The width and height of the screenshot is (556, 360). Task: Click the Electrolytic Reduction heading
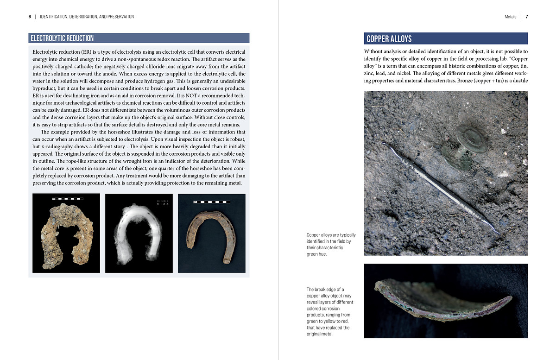[x=62, y=38]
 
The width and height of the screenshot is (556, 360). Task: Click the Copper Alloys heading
[x=389, y=39]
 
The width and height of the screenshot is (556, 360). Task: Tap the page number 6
[x=30, y=17]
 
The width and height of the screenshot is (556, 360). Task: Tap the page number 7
[x=527, y=17]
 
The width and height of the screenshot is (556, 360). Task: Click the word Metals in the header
[x=510, y=17]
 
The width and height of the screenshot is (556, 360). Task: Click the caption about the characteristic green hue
[x=328, y=244]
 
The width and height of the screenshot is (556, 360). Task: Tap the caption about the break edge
[x=329, y=311]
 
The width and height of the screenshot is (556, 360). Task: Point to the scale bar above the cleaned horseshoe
[x=211, y=202]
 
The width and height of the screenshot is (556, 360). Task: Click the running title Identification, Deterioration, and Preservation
[x=87, y=17]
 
